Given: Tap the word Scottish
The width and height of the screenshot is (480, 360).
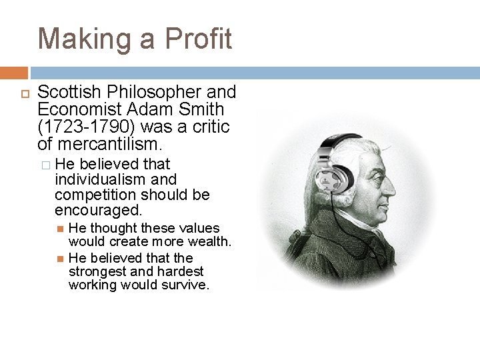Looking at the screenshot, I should point(65,92).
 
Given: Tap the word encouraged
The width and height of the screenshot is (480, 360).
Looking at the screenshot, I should point(98,211).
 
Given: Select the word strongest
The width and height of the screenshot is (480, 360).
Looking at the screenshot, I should point(97,271).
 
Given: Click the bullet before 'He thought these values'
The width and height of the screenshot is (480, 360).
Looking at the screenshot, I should point(59,228).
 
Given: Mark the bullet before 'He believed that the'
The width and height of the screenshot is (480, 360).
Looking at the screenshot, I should point(59,258).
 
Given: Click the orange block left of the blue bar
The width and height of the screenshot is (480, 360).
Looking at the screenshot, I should point(13,73).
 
